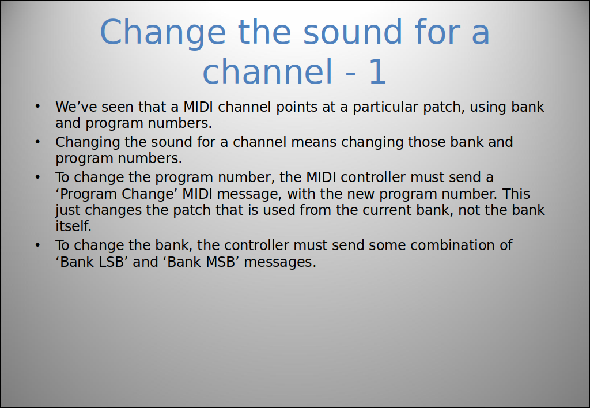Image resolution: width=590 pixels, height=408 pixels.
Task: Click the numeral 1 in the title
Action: point(378,71)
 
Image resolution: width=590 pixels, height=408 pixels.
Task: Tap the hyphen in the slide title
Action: point(350,74)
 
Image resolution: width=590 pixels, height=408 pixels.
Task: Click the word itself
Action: point(73,226)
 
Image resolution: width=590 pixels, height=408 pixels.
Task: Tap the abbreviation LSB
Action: point(111,262)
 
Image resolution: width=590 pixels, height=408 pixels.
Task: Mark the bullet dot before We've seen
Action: point(37,107)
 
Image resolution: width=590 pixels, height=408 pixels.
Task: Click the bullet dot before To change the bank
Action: point(37,245)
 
